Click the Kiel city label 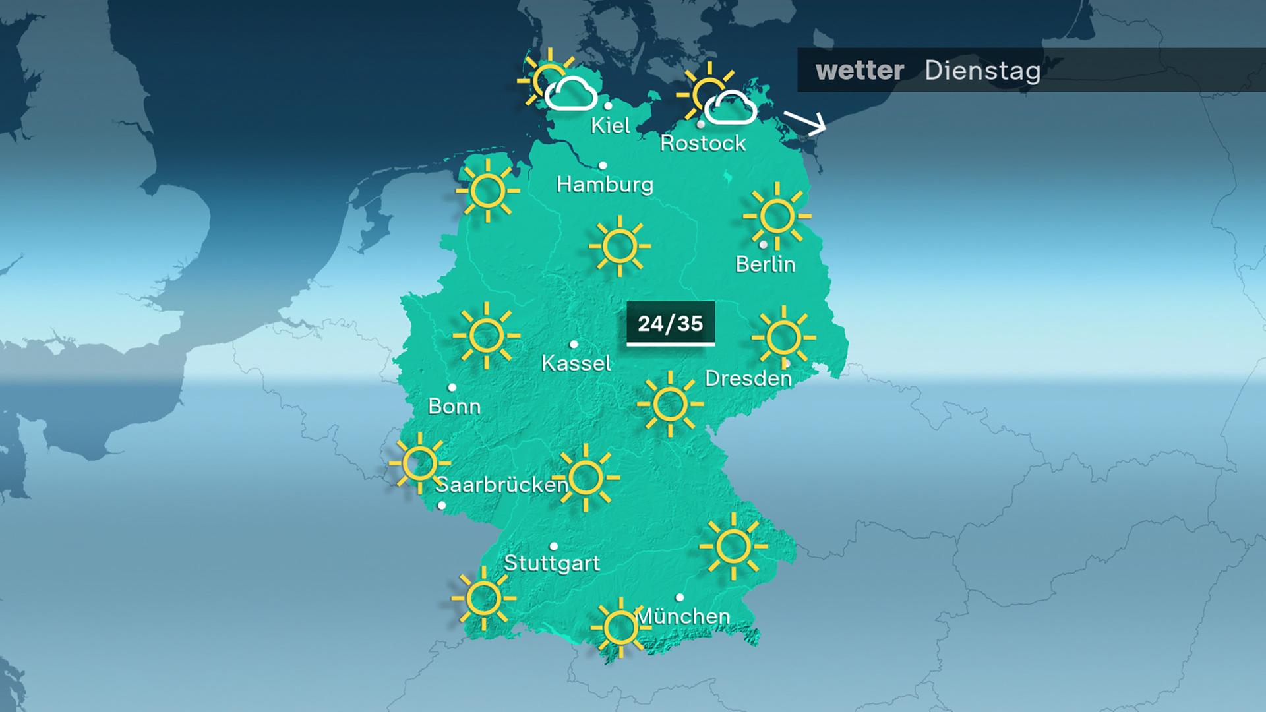(611, 125)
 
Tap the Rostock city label (703, 143)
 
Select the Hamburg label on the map (605, 184)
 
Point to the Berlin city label (766, 264)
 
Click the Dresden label (748, 378)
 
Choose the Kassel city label (576, 363)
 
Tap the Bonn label (454, 406)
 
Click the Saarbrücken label (502, 485)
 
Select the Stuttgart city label (552, 563)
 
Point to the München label (683, 616)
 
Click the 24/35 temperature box (671, 324)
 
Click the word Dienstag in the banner (982, 71)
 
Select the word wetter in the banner (859, 71)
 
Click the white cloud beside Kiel (571, 94)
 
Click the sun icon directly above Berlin (777, 216)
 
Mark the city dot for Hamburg (603, 165)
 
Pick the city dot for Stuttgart (554, 546)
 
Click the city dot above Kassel (574, 344)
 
